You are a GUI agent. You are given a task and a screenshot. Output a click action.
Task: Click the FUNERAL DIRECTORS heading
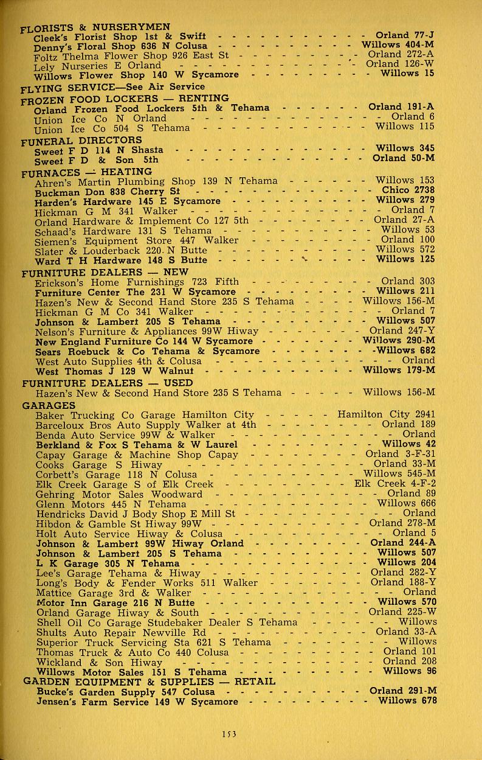[x=81, y=141]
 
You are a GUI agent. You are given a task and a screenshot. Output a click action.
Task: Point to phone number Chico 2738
[x=408, y=190]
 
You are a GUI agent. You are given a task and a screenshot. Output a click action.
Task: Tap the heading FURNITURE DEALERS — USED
[x=107, y=383]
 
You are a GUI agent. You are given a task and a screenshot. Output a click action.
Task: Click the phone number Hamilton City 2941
[x=386, y=415]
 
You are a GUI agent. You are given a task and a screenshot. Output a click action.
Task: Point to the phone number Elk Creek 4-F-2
[x=395, y=484]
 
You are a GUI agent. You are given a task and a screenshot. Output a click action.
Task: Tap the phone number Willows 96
[x=410, y=671]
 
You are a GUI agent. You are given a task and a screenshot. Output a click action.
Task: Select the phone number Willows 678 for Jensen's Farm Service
[x=407, y=700]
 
